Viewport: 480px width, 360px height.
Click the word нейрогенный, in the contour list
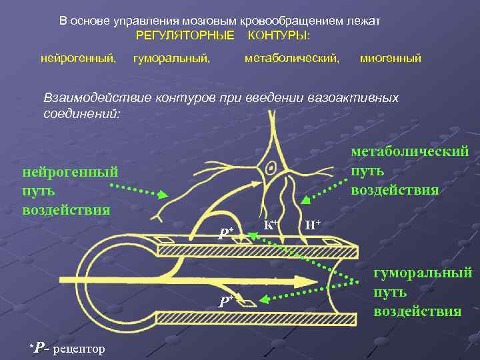[79, 59]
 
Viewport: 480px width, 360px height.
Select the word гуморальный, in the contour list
[172, 59]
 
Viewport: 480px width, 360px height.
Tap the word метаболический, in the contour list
[292, 59]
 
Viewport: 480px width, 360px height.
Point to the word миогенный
[391, 59]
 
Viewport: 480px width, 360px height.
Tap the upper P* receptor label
[226, 233]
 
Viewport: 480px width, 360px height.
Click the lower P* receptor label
[226, 301]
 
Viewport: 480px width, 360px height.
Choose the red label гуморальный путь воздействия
[423, 291]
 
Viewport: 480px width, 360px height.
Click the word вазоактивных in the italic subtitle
[353, 98]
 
